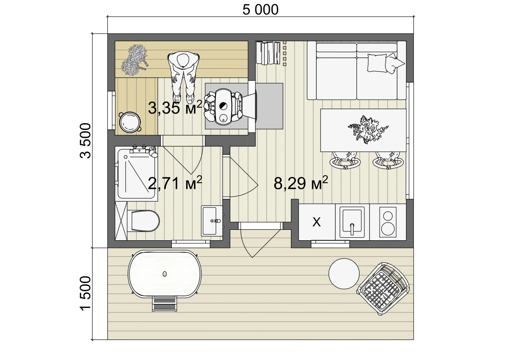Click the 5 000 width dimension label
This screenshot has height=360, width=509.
click(260, 10)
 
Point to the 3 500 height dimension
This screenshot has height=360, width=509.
click(85, 141)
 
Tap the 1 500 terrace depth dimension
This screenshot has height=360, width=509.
click(85, 293)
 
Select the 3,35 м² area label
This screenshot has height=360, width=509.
click(175, 107)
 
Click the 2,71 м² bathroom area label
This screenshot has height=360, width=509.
click(175, 183)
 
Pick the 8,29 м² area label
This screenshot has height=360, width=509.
click(301, 183)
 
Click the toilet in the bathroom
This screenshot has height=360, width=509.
click(143, 221)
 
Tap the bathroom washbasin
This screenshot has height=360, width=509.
click(212, 221)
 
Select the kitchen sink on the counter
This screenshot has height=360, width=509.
click(352, 222)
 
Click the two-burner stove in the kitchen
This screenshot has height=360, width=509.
click(388, 222)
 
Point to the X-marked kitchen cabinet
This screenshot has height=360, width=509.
click(317, 222)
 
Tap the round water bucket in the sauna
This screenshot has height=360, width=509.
click(130, 122)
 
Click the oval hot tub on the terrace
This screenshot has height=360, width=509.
click(165, 274)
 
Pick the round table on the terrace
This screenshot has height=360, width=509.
click(344, 274)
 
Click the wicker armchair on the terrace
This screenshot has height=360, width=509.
click(383, 289)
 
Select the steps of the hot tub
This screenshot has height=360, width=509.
click(165, 304)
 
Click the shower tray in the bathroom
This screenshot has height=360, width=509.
click(136, 174)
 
